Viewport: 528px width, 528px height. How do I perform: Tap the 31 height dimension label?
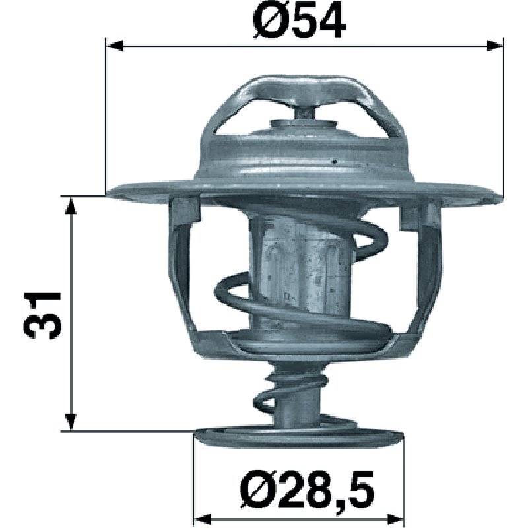(43, 315)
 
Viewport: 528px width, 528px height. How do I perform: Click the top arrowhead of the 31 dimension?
(71, 205)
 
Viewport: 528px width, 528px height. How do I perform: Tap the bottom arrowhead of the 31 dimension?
(71, 422)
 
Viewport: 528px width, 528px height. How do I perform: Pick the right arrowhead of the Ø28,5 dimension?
(395, 519)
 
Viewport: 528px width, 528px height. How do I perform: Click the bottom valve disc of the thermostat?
(299, 437)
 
